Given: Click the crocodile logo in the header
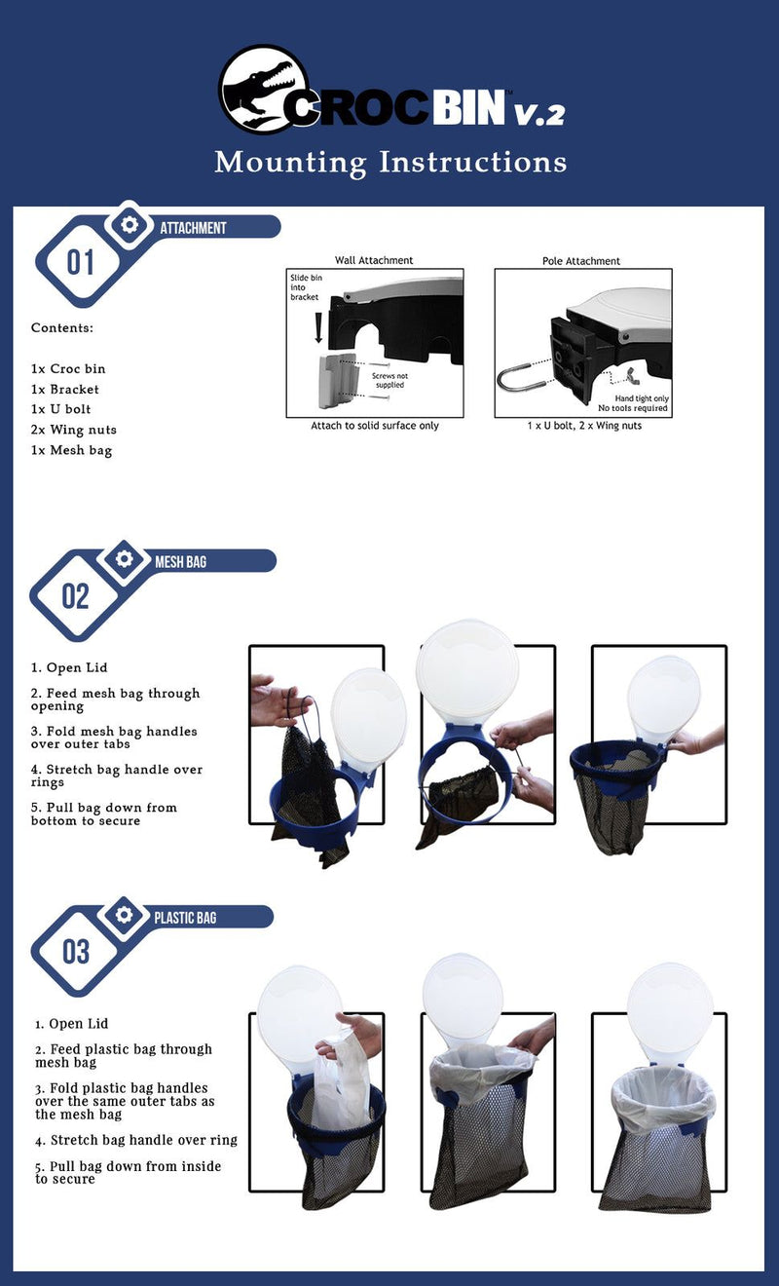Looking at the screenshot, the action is pyautogui.click(x=264, y=89).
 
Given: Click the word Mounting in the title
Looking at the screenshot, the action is pyautogui.click(x=290, y=163).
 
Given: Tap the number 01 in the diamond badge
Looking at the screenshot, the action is pyautogui.click(x=80, y=262).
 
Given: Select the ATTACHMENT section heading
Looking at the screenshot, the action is pyautogui.click(x=194, y=228).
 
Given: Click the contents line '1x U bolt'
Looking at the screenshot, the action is pyautogui.click(x=60, y=409).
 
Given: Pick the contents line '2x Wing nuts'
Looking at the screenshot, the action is pyautogui.click(x=73, y=430).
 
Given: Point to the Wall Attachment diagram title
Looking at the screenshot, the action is pyautogui.click(x=374, y=260).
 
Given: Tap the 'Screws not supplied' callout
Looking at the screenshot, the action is pyautogui.click(x=389, y=380).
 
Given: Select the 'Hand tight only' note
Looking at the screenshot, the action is pyautogui.click(x=642, y=397).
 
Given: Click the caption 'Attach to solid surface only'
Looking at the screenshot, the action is pyautogui.click(x=375, y=426).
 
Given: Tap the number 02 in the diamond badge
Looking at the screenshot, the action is pyautogui.click(x=76, y=596).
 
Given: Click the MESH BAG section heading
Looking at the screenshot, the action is pyautogui.click(x=181, y=562).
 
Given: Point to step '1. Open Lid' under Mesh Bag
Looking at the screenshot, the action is pyautogui.click(x=69, y=667).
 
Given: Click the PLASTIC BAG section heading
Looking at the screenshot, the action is pyautogui.click(x=185, y=918).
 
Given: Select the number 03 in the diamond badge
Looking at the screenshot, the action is pyautogui.click(x=76, y=952).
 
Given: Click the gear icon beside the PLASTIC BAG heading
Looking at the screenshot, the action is pyautogui.click(x=124, y=915).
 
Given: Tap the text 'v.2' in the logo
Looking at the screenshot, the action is pyautogui.click(x=539, y=113).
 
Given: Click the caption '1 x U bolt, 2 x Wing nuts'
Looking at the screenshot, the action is pyautogui.click(x=584, y=426).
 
